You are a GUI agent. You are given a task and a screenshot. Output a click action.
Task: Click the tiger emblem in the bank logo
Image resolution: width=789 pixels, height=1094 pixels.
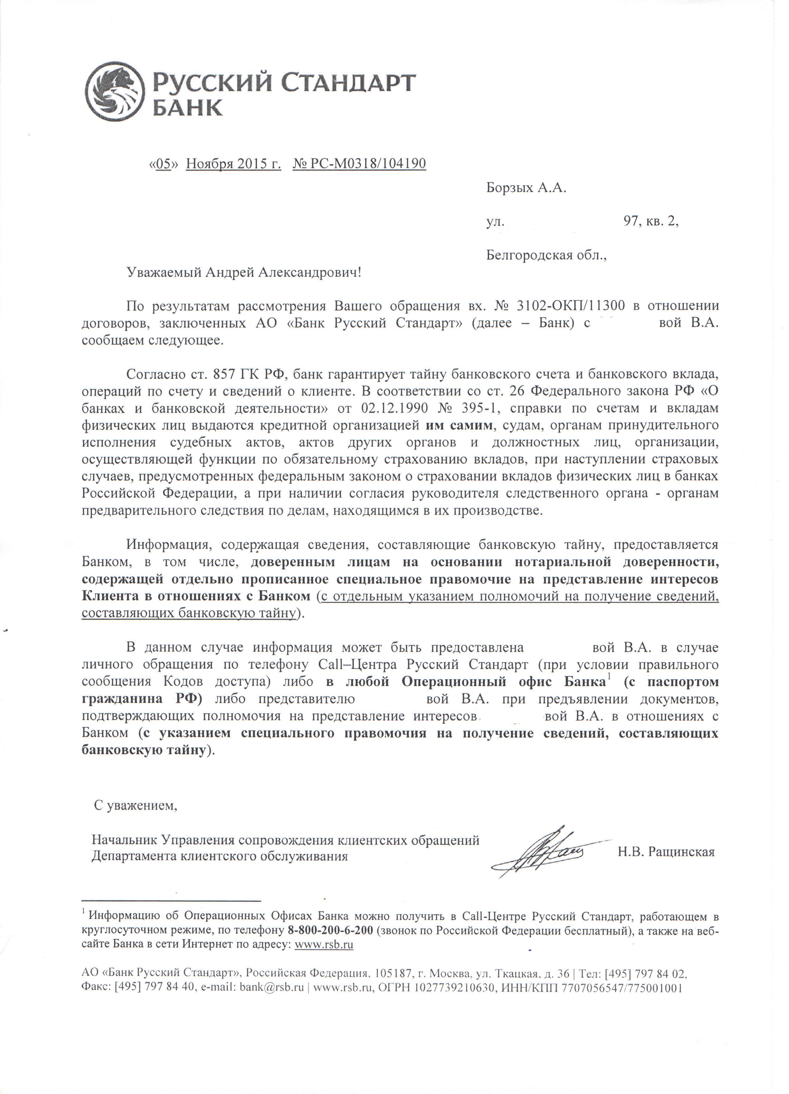coord(114,92)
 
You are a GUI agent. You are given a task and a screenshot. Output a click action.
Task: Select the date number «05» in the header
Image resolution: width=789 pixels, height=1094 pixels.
coord(164,164)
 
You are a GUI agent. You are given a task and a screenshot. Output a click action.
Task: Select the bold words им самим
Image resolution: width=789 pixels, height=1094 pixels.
coord(459,425)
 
